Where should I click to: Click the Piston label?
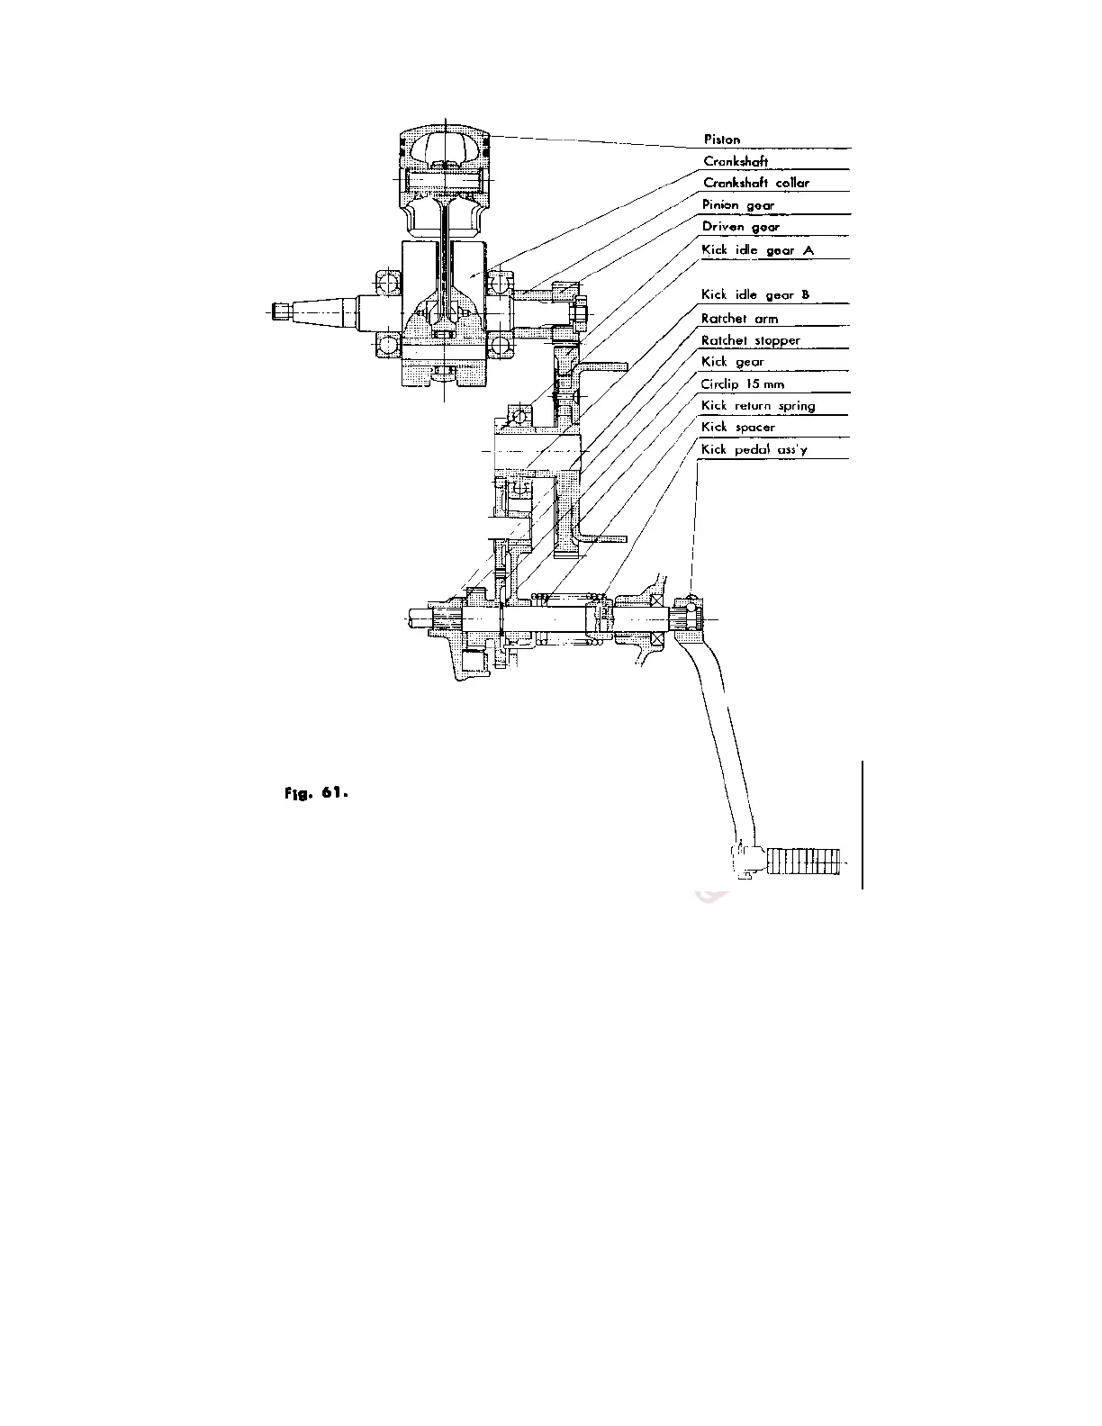[721, 140]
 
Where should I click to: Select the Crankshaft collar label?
[755, 183]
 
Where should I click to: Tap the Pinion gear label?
[737, 205]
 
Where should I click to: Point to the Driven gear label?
[740, 227]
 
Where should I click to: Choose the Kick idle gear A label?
[756, 250]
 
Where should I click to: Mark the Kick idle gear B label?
[754, 295]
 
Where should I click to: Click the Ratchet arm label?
[739, 319]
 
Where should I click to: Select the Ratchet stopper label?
[750, 340]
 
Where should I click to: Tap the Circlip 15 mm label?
[742, 384]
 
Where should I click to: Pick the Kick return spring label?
[757, 406]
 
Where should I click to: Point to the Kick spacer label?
[737, 428]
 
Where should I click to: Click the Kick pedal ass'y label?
[754, 449]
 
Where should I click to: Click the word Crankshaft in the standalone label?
[735, 162]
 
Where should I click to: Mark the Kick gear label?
[732, 362]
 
